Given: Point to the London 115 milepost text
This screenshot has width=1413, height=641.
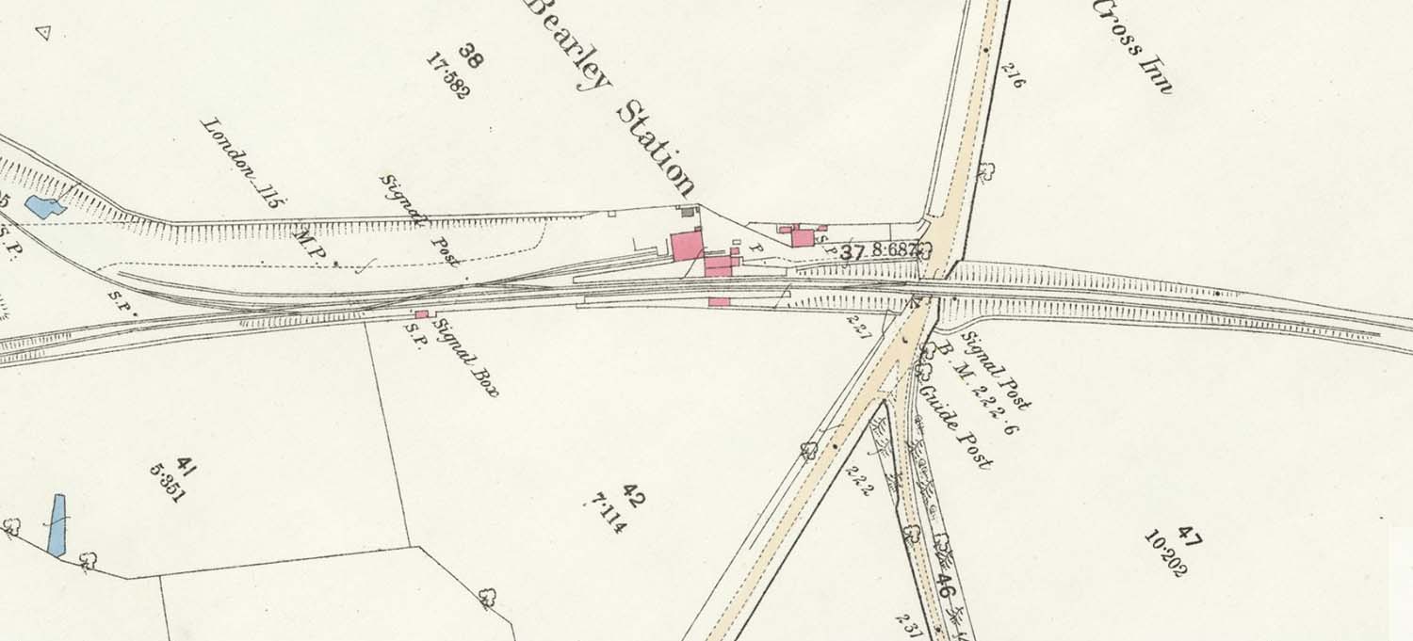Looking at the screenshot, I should [x=244, y=161].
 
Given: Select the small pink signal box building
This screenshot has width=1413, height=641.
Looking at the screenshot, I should [x=422, y=314].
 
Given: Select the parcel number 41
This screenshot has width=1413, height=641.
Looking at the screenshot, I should [x=186, y=466].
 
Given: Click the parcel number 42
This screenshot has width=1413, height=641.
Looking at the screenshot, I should [x=634, y=495].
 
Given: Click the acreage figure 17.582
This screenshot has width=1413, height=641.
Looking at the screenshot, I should [x=448, y=75].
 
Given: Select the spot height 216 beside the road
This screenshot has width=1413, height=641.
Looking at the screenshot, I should [x=1013, y=74].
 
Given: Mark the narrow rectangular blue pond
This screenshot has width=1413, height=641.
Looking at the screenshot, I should [x=57, y=524].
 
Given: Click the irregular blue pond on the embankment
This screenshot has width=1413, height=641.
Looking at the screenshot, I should [x=43, y=206].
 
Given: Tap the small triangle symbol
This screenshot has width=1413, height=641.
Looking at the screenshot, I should [x=41, y=33].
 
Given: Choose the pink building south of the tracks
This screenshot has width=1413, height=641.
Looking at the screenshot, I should [x=719, y=302].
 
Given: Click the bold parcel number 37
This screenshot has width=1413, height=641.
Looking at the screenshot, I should [x=853, y=252].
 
